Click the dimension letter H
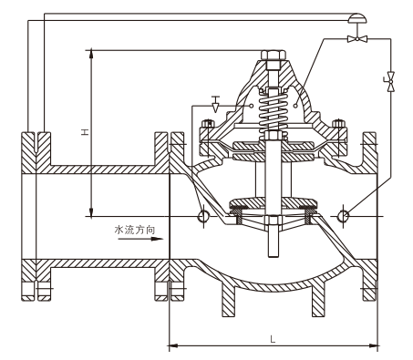coord(85,132)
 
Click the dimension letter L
coord(273,339)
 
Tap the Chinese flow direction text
coord(135,230)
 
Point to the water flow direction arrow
coord(140,239)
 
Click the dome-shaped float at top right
coord(357,18)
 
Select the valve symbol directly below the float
coord(357,38)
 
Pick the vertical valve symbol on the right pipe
coord(390,81)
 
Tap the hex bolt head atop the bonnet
coord(274,55)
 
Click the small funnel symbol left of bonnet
coord(215,104)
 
